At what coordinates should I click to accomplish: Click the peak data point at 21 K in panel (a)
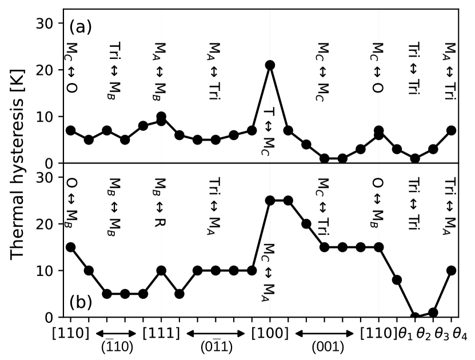270,65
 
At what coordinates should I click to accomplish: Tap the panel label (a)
80,26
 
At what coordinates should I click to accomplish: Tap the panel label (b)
80,302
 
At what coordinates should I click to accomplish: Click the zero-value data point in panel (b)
415,317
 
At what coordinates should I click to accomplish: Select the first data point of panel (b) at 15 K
70,247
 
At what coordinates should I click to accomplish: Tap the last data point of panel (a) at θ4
451,130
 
